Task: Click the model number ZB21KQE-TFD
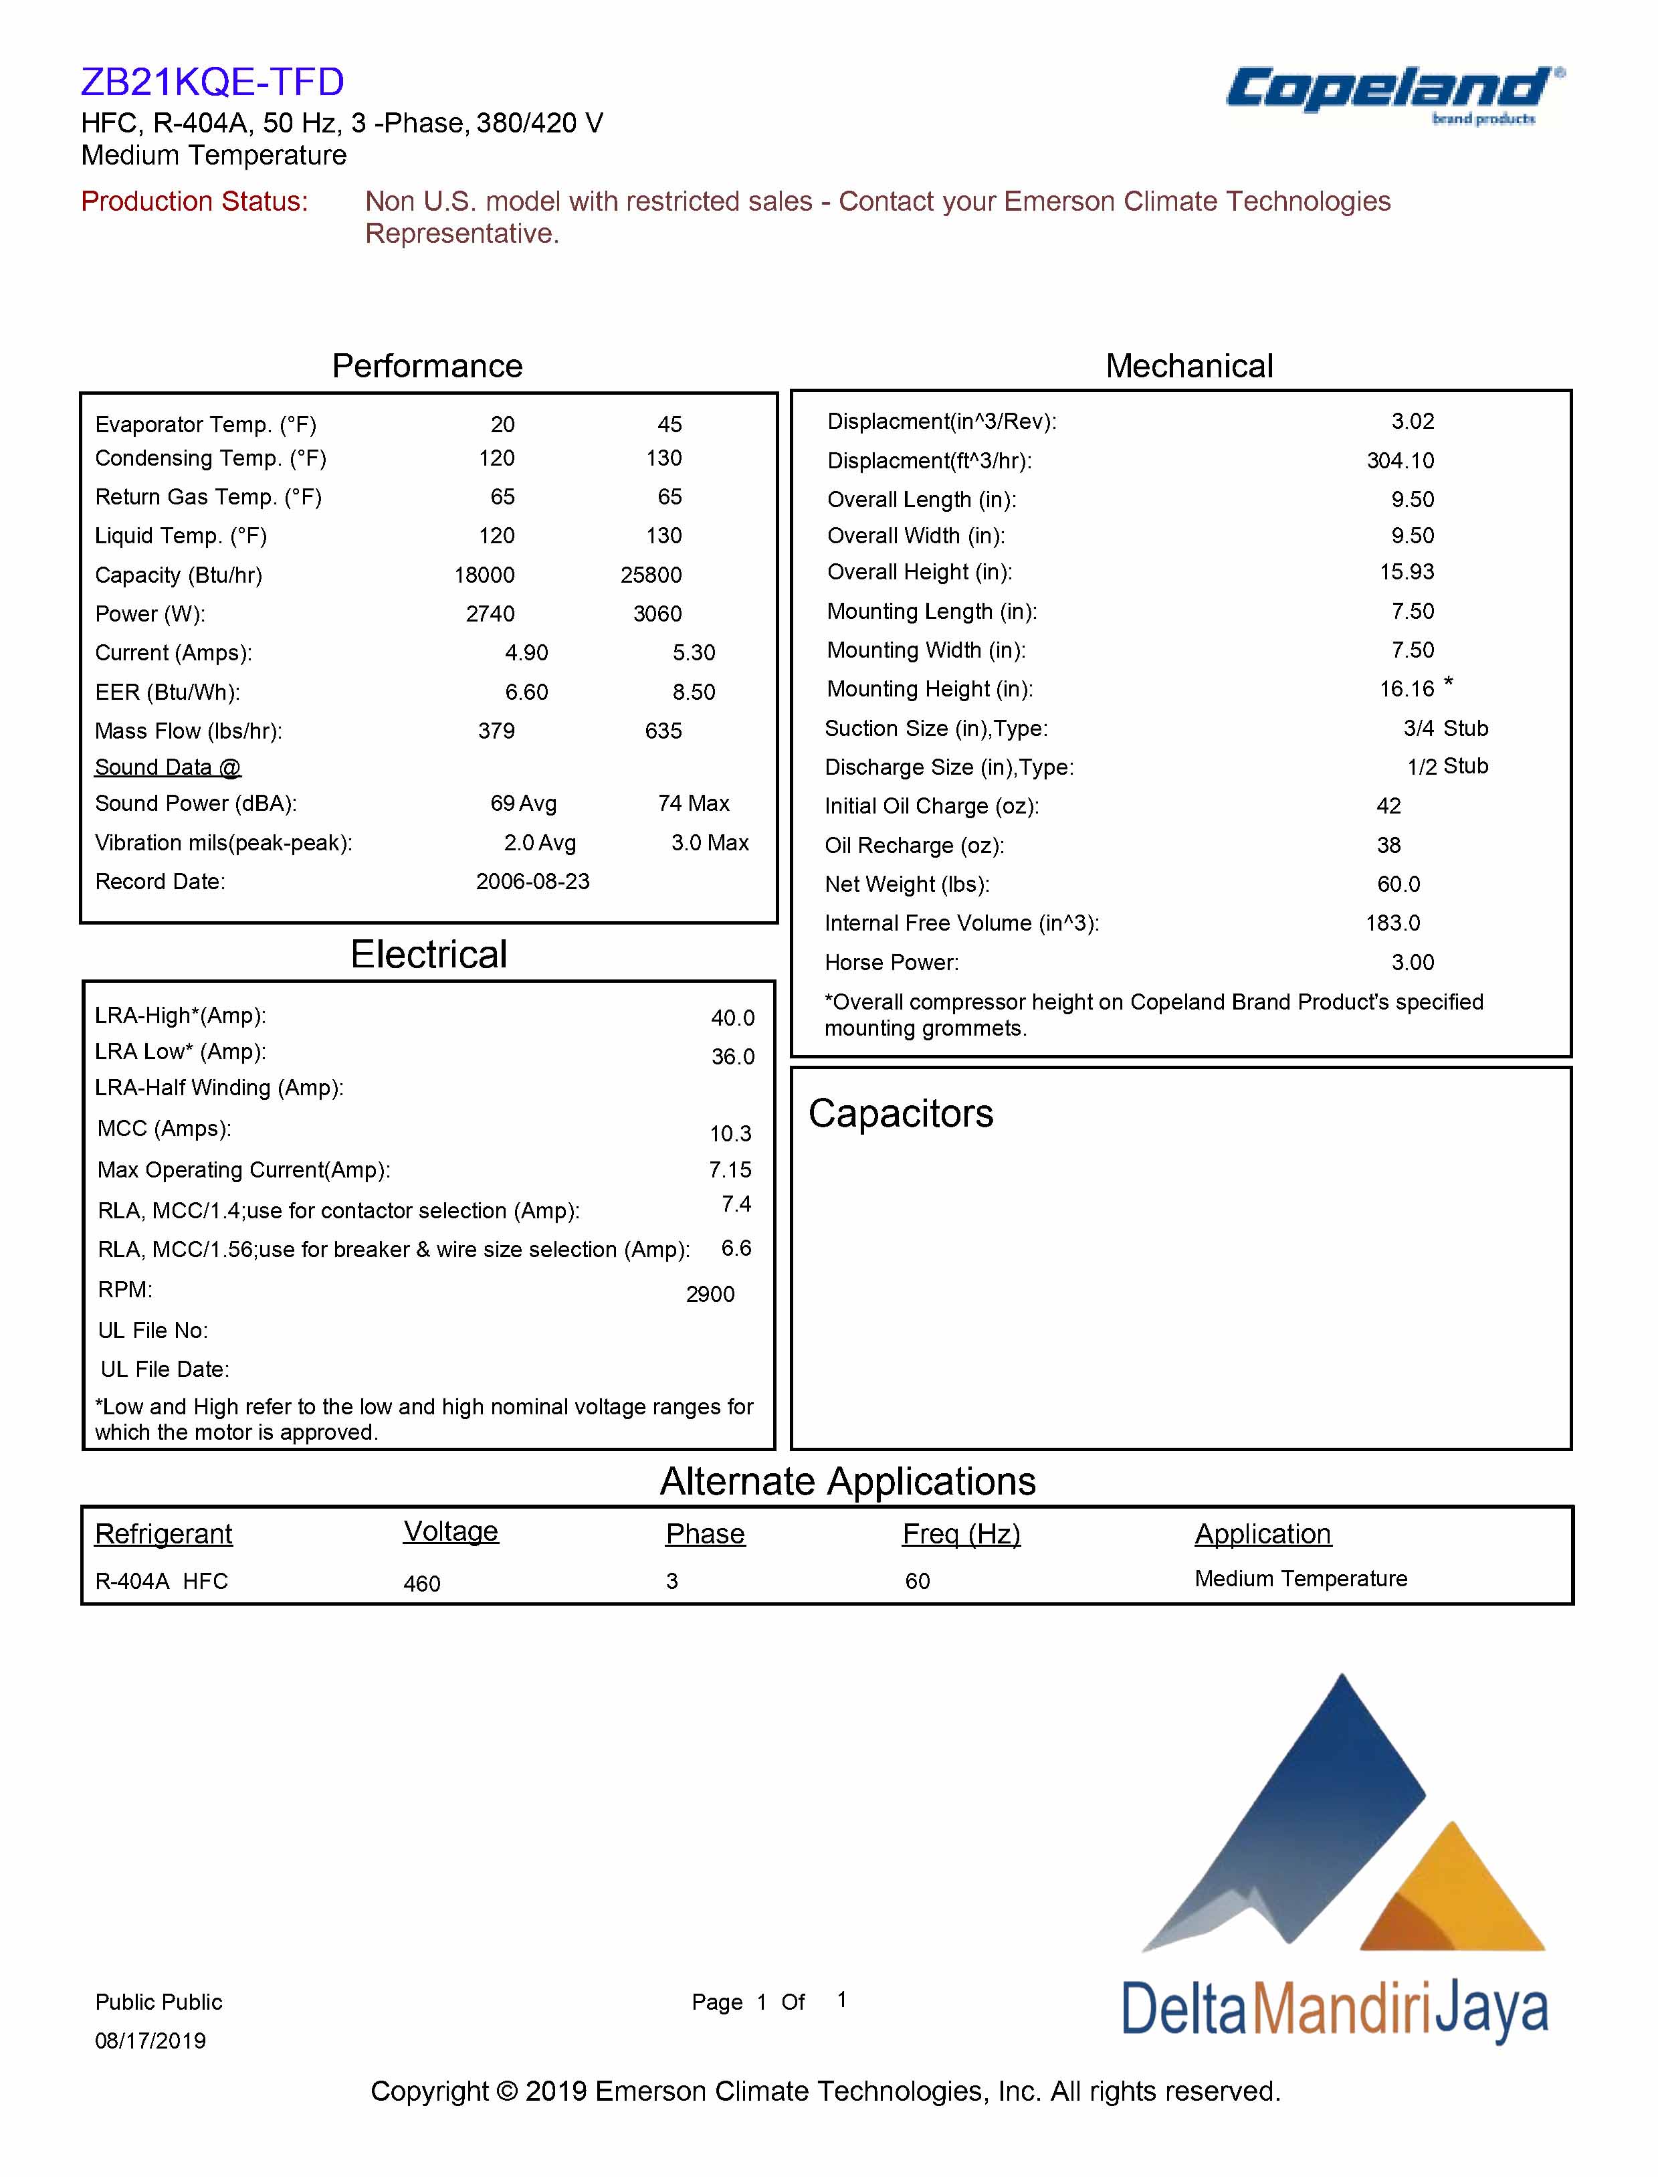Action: point(212,82)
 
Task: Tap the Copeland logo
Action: point(1392,92)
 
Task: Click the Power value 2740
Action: point(490,614)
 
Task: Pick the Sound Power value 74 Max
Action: point(693,803)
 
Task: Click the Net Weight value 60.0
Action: point(1398,884)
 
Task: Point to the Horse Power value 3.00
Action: point(1413,963)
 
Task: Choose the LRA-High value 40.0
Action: point(732,1018)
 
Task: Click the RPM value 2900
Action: point(710,1295)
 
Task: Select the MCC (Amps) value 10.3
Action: point(730,1133)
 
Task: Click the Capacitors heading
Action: point(900,1114)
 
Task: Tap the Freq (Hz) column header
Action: point(960,1533)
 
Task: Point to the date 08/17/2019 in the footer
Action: point(150,2041)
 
